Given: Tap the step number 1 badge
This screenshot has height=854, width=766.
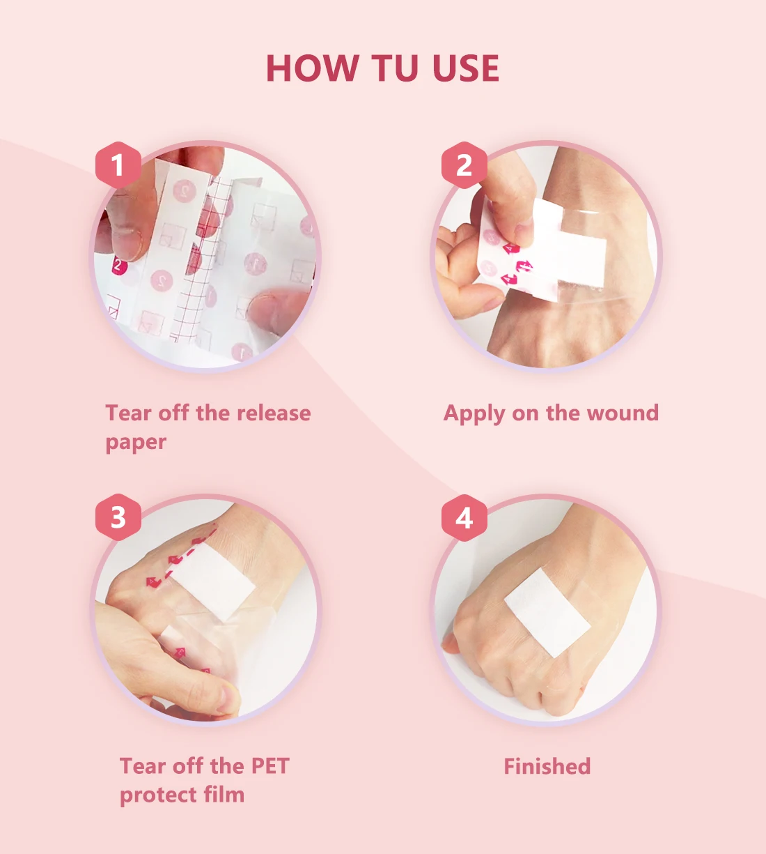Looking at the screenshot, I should [118, 165].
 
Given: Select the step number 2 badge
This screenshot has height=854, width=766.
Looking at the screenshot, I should [464, 165].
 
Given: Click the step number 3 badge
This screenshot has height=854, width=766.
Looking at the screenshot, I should [118, 517].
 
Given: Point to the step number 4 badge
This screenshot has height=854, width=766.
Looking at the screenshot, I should [464, 517].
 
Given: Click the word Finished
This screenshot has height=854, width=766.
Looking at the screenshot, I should [547, 766].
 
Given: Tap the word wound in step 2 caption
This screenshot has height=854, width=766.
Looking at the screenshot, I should [623, 413].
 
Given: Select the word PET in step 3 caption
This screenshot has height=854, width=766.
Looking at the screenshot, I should [269, 766].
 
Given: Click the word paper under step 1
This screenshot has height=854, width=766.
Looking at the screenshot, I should [136, 443].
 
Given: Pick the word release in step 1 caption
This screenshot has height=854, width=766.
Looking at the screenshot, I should [274, 413].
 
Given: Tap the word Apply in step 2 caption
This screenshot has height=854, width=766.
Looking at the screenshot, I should [474, 414].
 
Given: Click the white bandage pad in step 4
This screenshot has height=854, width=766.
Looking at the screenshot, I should [548, 612].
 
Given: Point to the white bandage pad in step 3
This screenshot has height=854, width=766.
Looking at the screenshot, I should [212, 581].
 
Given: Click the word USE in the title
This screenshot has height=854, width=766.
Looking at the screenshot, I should [465, 68].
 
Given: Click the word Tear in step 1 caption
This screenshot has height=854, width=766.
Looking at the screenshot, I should [129, 413].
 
